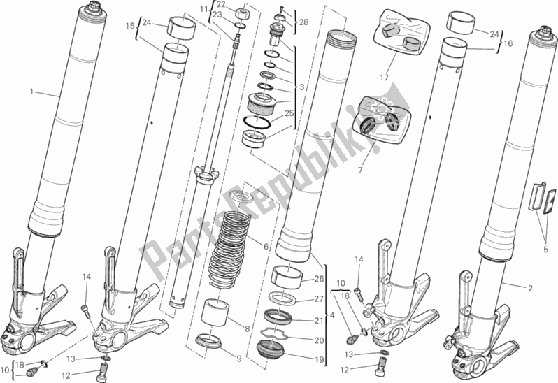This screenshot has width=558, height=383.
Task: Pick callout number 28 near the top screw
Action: (303, 22)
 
